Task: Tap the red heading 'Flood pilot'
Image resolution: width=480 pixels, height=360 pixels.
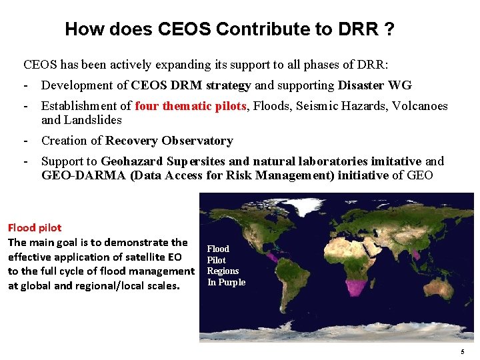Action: pyautogui.click(x=34, y=228)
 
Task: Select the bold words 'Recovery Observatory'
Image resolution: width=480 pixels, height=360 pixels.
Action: pyautogui.click(x=169, y=141)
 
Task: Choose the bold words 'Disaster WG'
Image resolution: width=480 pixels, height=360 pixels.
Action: pyautogui.click(x=375, y=85)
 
